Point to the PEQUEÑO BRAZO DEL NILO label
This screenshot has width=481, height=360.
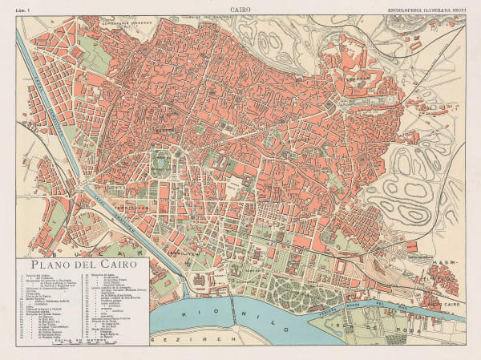point(401,309)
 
